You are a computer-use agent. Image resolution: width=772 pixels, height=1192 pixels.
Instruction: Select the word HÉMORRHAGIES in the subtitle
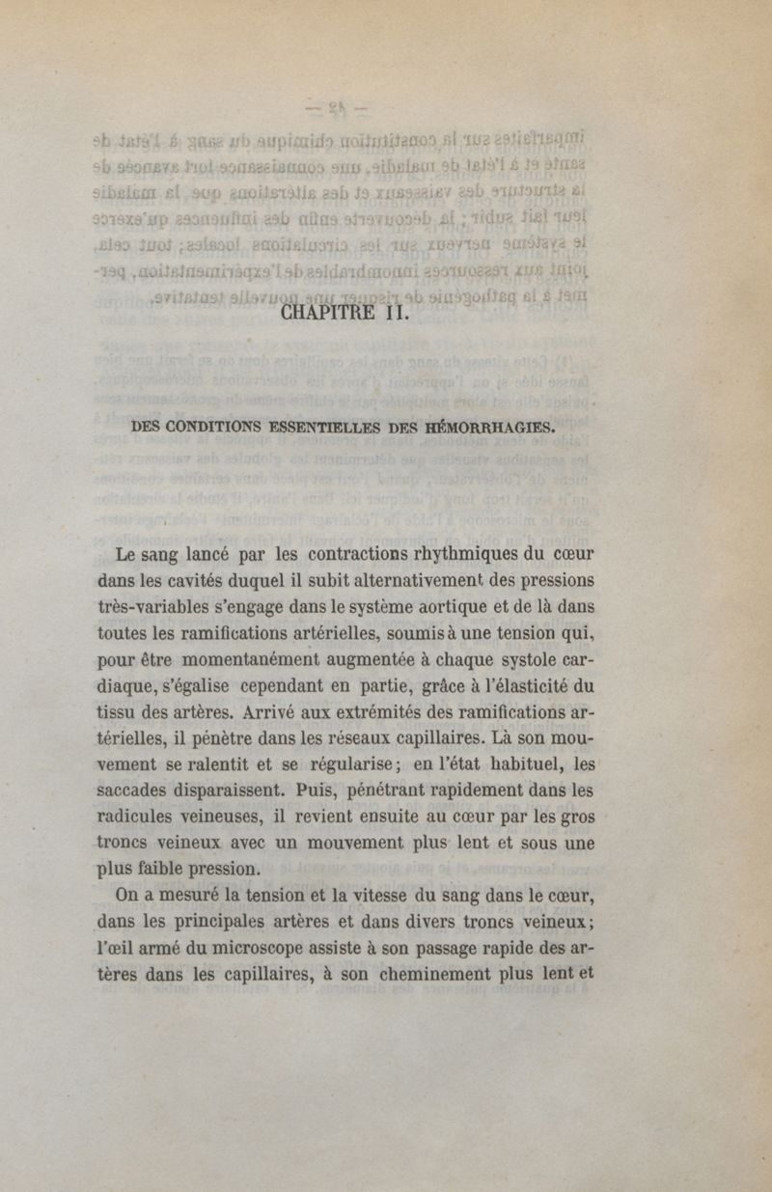pyautogui.click(x=499, y=431)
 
